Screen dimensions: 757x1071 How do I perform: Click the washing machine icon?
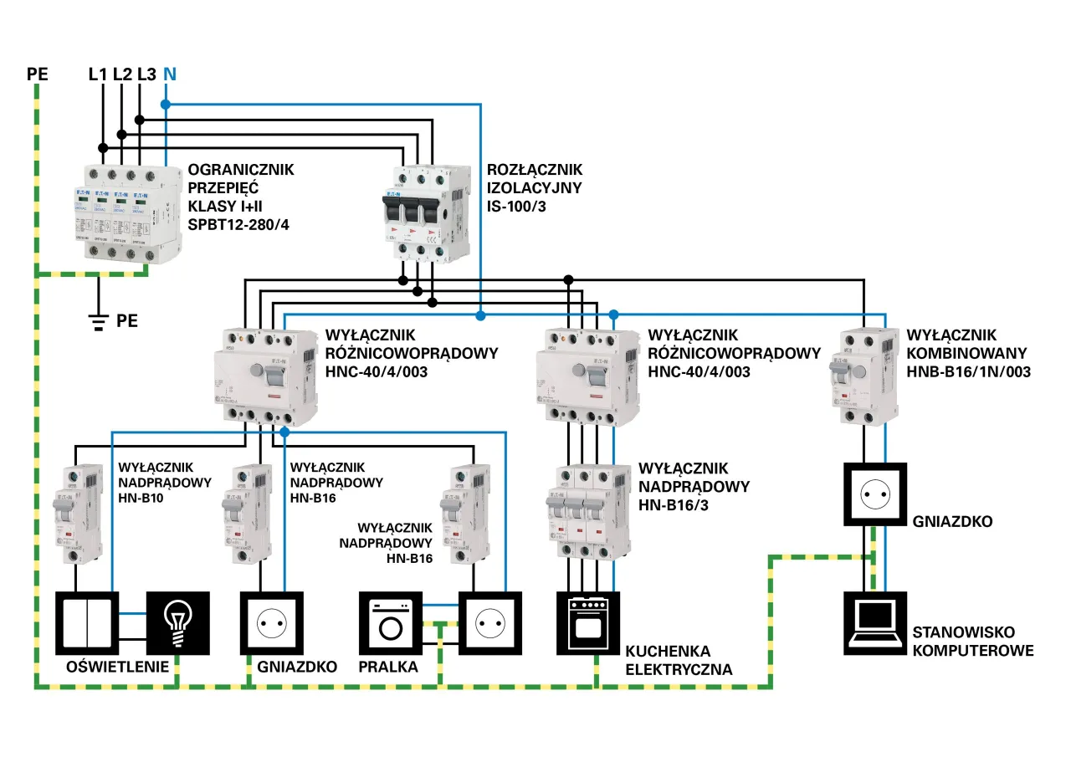click(x=390, y=623)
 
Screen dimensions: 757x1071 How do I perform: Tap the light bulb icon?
click(x=177, y=623)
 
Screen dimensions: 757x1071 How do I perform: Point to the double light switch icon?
click(x=87, y=623)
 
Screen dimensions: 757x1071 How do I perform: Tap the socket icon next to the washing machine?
click(x=489, y=623)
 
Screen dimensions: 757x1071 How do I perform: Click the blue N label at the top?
click(x=170, y=74)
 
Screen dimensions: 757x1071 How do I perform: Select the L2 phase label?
click(x=122, y=74)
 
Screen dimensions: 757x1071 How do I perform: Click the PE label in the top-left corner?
click(x=38, y=74)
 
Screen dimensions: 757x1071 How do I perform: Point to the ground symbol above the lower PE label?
click(x=99, y=321)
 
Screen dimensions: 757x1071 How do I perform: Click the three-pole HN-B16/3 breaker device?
click(x=586, y=510)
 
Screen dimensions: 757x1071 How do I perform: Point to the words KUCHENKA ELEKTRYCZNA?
click(x=679, y=661)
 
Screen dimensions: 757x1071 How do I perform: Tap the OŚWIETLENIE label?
click(x=114, y=667)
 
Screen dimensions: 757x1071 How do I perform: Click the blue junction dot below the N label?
click(x=166, y=105)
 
